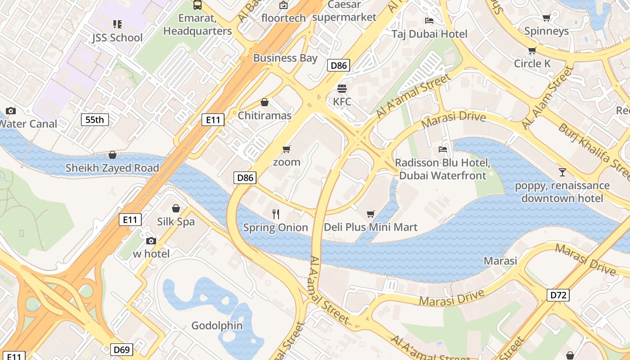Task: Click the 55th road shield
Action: pos(94,120)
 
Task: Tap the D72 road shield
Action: pos(558,295)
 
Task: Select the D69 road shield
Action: pos(122,350)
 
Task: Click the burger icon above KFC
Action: pos(342,89)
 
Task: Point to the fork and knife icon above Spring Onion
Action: pos(276,214)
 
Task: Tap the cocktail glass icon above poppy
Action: pos(562,172)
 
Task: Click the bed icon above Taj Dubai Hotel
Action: pos(429,21)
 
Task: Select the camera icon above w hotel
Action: pos(151,241)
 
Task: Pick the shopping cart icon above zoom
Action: pos(287,149)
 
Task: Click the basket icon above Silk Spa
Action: pos(176,208)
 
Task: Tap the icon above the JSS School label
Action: pos(117,24)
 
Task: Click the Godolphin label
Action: pos(217,325)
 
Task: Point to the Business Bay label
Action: pos(285,58)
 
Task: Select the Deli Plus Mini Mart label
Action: pos(371,227)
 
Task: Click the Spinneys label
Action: pos(546,31)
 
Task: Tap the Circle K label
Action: pos(532,63)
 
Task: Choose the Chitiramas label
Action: pos(265,116)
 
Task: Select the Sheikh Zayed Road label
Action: pos(112,168)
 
